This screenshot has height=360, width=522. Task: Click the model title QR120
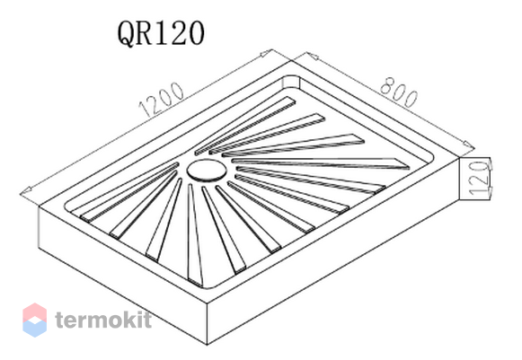tap(161, 33)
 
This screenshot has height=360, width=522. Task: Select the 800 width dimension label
tap(399, 92)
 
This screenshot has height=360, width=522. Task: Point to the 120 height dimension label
tap(480, 178)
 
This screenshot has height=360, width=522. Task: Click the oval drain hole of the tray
tap(207, 171)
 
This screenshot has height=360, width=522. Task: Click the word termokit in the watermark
tap(103, 319)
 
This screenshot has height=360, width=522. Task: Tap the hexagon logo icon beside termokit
tap(35, 320)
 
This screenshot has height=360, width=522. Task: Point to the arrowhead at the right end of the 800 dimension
tap(468, 145)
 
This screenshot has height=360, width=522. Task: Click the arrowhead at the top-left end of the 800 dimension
tap(312, 56)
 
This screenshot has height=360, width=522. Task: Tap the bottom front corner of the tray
tap(207, 344)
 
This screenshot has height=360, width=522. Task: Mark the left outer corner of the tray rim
tap(39, 206)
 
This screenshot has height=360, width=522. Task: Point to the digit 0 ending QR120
tap(196, 34)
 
